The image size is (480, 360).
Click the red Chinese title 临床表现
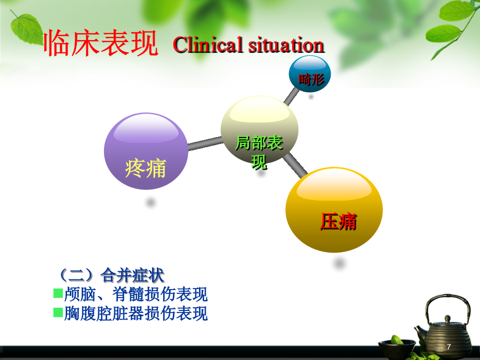101,43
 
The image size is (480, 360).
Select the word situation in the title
286,45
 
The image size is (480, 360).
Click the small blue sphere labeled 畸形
310,74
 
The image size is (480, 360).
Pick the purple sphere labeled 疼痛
146,151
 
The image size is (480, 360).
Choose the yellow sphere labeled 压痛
334,210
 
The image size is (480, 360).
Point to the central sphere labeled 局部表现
259,130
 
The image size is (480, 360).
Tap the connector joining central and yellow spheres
295,165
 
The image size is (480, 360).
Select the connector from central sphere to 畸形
291,96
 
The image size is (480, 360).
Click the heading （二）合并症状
111,275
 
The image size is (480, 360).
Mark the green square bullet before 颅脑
58,293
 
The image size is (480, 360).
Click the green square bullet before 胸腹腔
58,312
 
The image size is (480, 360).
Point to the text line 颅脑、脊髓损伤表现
136,294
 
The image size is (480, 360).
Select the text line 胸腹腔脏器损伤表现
136,314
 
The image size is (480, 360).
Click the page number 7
449,347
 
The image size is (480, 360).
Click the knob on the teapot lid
447,319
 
